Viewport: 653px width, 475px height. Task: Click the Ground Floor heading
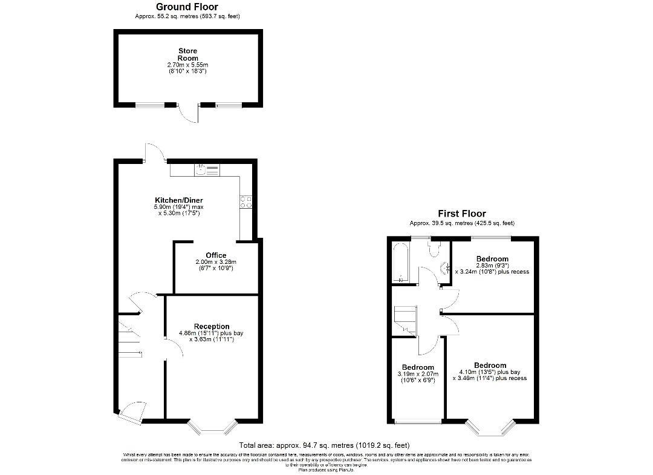[x=187, y=7]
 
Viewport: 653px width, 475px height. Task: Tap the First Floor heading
[x=462, y=214]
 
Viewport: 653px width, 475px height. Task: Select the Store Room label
[x=187, y=54]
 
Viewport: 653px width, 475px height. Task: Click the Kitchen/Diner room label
[x=179, y=200]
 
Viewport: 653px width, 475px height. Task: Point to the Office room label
[x=216, y=255]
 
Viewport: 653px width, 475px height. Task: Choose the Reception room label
[x=212, y=327]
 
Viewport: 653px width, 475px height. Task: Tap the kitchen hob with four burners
[x=245, y=201]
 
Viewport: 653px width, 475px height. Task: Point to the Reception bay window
[x=211, y=427]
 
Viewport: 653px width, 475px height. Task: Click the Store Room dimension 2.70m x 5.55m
[x=187, y=65]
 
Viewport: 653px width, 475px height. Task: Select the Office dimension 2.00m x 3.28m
[x=216, y=262]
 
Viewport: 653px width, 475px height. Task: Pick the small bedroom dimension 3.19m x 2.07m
[x=418, y=374]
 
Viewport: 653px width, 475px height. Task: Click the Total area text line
[x=325, y=444]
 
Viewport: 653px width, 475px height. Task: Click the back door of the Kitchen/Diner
[x=154, y=153]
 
